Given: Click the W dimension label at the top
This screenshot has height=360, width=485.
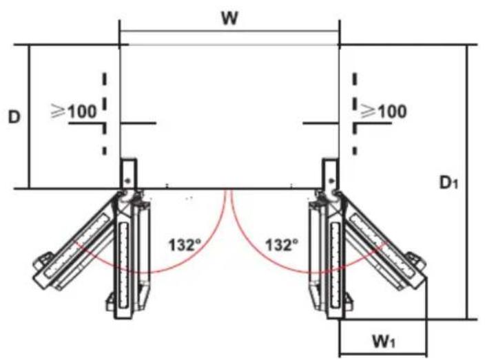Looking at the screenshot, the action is tap(230, 19).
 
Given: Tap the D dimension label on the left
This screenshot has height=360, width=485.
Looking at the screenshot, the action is tap(14, 117).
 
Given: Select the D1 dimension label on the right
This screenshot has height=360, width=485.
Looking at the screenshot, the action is tap(448, 183).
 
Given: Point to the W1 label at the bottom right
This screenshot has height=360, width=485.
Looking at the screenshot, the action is tap(384, 341).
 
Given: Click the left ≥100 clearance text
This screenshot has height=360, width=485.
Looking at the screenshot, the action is tap(74, 112).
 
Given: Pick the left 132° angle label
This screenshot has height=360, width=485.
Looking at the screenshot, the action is tap(185, 245).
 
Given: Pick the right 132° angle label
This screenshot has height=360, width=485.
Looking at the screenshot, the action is tap(282, 245).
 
